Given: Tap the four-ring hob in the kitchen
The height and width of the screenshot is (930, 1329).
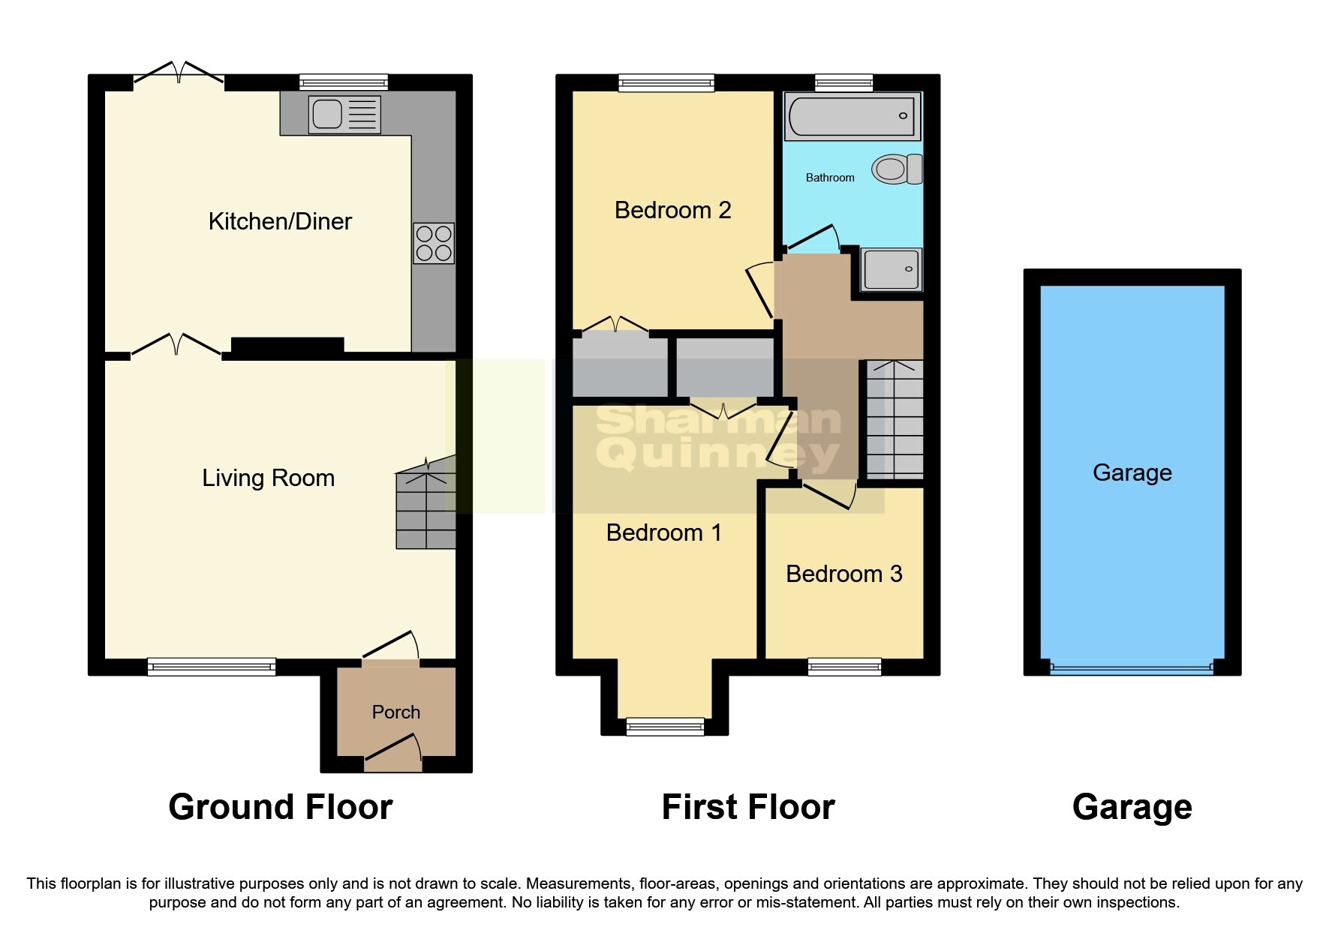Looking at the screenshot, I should click(x=434, y=243).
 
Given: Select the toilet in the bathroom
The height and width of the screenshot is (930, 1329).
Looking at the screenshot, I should click(x=896, y=169).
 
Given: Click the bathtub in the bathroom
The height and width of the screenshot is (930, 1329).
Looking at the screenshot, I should click(x=852, y=116).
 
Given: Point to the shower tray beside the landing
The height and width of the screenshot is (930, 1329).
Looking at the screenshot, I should click(x=891, y=269).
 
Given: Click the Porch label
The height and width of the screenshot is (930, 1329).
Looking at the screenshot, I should click(x=395, y=712).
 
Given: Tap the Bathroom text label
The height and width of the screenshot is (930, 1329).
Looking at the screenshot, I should click(x=829, y=178).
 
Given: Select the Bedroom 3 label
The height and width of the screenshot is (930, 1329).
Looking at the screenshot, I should click(x=843, y=574).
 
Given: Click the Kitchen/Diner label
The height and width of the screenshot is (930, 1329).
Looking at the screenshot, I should click(x=280, y=221).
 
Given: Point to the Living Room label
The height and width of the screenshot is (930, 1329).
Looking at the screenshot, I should click(x=268, y=478).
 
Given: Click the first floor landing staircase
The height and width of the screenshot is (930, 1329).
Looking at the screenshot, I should click(x=895, y=420).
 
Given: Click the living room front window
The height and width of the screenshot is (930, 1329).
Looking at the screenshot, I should click(x=212, y=665).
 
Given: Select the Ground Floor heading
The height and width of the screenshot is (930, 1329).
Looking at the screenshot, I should click(x=280, y=807).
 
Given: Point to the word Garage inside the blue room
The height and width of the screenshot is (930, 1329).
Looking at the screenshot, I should click(x=1132, y=472).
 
